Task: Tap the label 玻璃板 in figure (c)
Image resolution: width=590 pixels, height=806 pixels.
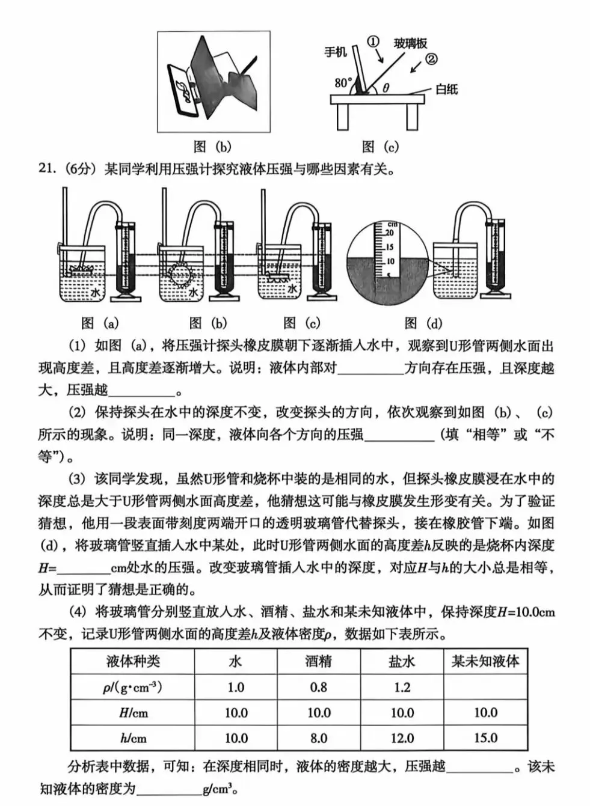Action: pos(411,43)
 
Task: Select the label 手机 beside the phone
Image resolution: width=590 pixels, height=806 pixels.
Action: pos(336,52)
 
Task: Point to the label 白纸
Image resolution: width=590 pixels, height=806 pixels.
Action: pos(446,90)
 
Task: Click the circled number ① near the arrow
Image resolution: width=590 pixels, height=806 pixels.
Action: pos(373,42)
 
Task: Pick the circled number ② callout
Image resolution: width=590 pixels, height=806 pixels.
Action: pos(431,59)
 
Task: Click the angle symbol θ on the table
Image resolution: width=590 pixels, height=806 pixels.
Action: pos(386,88)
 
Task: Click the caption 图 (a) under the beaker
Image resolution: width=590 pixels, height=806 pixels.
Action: pos(100,323)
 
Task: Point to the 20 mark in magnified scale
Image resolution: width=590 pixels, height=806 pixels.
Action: pos(389,233)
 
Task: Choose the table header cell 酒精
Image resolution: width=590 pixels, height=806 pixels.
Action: pos(318,662)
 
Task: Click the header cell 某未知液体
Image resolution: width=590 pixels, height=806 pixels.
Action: pos(485,662)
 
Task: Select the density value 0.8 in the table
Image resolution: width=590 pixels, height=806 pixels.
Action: pos(318,687)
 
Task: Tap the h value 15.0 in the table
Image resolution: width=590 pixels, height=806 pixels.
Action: pos(485,737)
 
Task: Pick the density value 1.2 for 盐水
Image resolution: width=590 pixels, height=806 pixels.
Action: pos(402,687)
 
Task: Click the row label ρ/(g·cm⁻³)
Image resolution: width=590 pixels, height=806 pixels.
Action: pos(132,687)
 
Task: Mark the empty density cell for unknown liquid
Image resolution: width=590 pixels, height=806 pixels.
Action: pos(485,687)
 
